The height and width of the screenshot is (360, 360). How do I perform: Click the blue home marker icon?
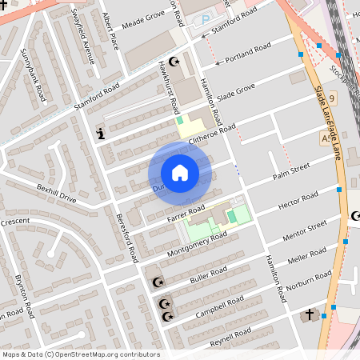point(180,173)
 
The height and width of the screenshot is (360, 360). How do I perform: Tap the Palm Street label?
point(290,170)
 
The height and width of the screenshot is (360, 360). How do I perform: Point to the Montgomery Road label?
point(196,244)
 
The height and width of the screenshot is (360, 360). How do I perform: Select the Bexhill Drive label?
point(56,193)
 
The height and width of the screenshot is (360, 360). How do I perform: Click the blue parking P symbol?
point(206,18)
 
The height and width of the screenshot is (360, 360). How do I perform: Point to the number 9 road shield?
point(331,98)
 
